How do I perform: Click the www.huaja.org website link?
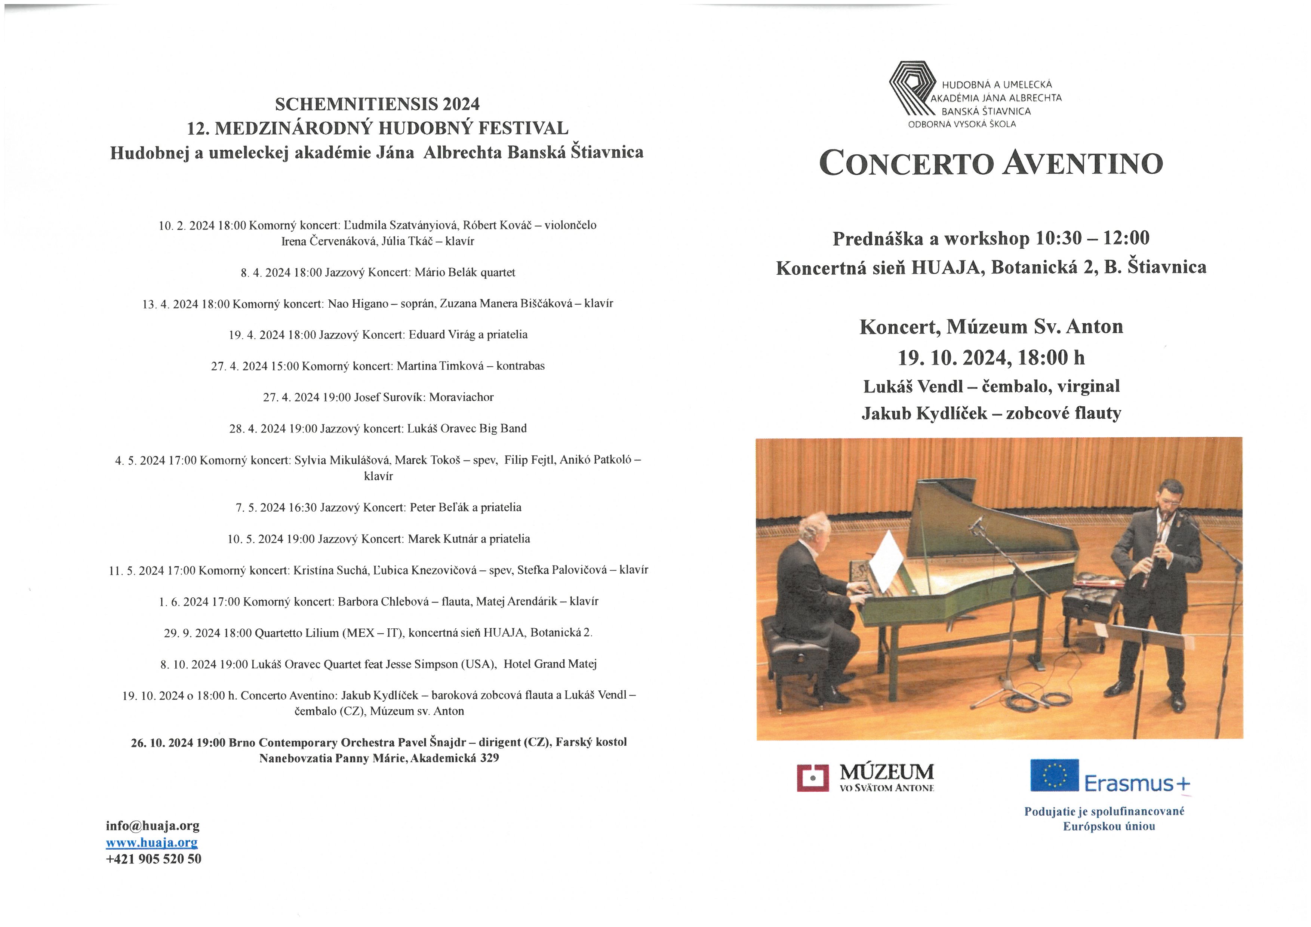[x=152, y=843]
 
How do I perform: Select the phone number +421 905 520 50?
[x=154, y=859]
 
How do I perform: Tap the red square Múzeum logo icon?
[x=813, y=777]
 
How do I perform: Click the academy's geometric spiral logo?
[x=912, y=90]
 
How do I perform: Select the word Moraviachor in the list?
[x=461, y=397]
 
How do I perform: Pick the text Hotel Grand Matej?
[x=550, y=664]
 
